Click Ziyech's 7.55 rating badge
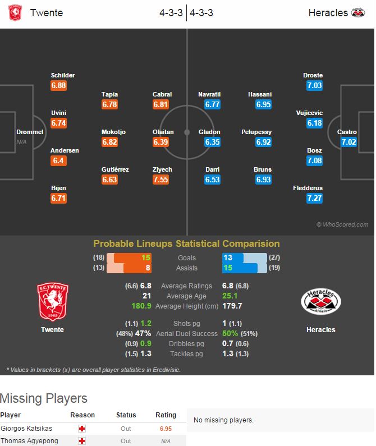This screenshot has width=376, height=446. [x=161, y=180]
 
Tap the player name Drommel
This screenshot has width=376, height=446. [x=30, y=132]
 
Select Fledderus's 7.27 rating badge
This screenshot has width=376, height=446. [x=314, y=198]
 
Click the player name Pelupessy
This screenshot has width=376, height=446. [x=256, y=132]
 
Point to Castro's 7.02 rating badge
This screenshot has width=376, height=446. [x=349, y=142]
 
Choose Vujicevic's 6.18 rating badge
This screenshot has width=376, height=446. [x=314, y=123]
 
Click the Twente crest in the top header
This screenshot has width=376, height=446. [x=15, y=12]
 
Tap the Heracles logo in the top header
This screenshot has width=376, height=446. [x=357, y=12]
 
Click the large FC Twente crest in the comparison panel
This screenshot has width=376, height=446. [x=52, y=301]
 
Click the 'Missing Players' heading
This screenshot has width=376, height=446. [x=44, y=398]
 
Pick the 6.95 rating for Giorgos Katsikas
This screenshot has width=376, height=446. [x=166, y=429]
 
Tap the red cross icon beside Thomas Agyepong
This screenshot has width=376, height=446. [x=82, y=441]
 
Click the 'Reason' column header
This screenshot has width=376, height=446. [x=82, y=415]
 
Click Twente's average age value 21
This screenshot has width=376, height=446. [x=146, y=296]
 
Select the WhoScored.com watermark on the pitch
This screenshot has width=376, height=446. [x=342, y=224]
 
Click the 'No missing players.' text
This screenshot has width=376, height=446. [x=223, y=420]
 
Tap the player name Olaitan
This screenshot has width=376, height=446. [x=163, y=132]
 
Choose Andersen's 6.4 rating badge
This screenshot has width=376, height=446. [x=58, y=160]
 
